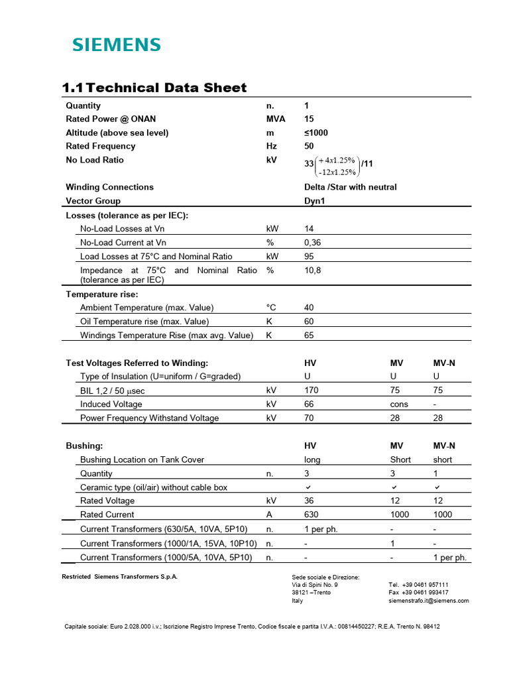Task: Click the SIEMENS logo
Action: point(116,45)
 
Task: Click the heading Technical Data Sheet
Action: point(154,88)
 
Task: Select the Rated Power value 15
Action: point(309,119)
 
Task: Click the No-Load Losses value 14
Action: point(309,229)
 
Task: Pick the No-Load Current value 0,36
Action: point(312,243)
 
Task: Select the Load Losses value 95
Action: point(309,257)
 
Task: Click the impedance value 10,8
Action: point(312,271)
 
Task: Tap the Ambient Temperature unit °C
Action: point(270,308)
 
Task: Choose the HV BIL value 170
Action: point(311,391)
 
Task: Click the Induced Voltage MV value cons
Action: point(399,404)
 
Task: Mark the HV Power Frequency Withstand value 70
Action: point(309,418)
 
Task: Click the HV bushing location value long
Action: point(312,460)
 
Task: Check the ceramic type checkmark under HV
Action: point(308,487)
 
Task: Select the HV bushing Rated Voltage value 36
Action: point(309,501)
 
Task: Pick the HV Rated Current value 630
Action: point(311,515)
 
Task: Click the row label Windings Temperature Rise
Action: point(166,336)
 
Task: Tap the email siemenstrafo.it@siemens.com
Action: point(428,601)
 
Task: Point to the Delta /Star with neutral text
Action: point(350,187)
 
